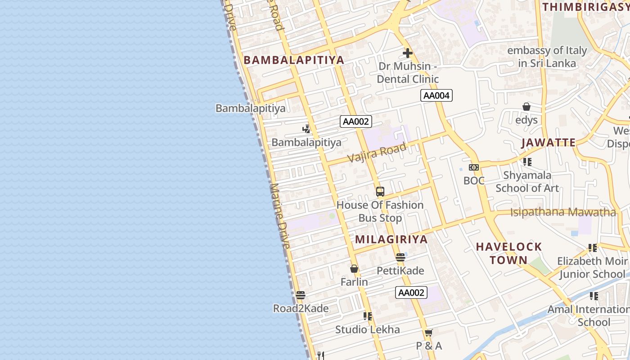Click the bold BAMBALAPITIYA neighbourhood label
(294, 60)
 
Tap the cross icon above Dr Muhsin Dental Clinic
(408, 53)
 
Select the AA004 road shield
(436, 95)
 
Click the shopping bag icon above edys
(526, 107)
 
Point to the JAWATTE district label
(549, 143)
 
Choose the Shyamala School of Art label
(527, 181)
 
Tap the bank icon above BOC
(474, 167)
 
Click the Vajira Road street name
(377, 152)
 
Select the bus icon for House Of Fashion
(380, 192)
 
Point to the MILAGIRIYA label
(391, 239)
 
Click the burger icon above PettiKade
(400, 258)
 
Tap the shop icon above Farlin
(354, 269)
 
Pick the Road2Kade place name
(301, 308)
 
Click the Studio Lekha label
(367, 329)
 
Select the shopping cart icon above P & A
(428, 333)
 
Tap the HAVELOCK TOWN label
(509, 253)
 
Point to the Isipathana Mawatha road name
(562, 212)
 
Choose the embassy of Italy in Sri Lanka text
(547, 57)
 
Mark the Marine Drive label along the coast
(280, 216)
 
